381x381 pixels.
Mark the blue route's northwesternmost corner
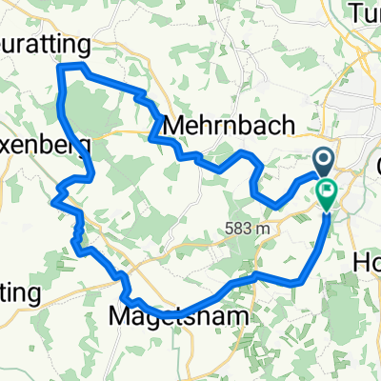(x=61, y=66)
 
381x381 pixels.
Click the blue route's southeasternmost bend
(x=301, y=281)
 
